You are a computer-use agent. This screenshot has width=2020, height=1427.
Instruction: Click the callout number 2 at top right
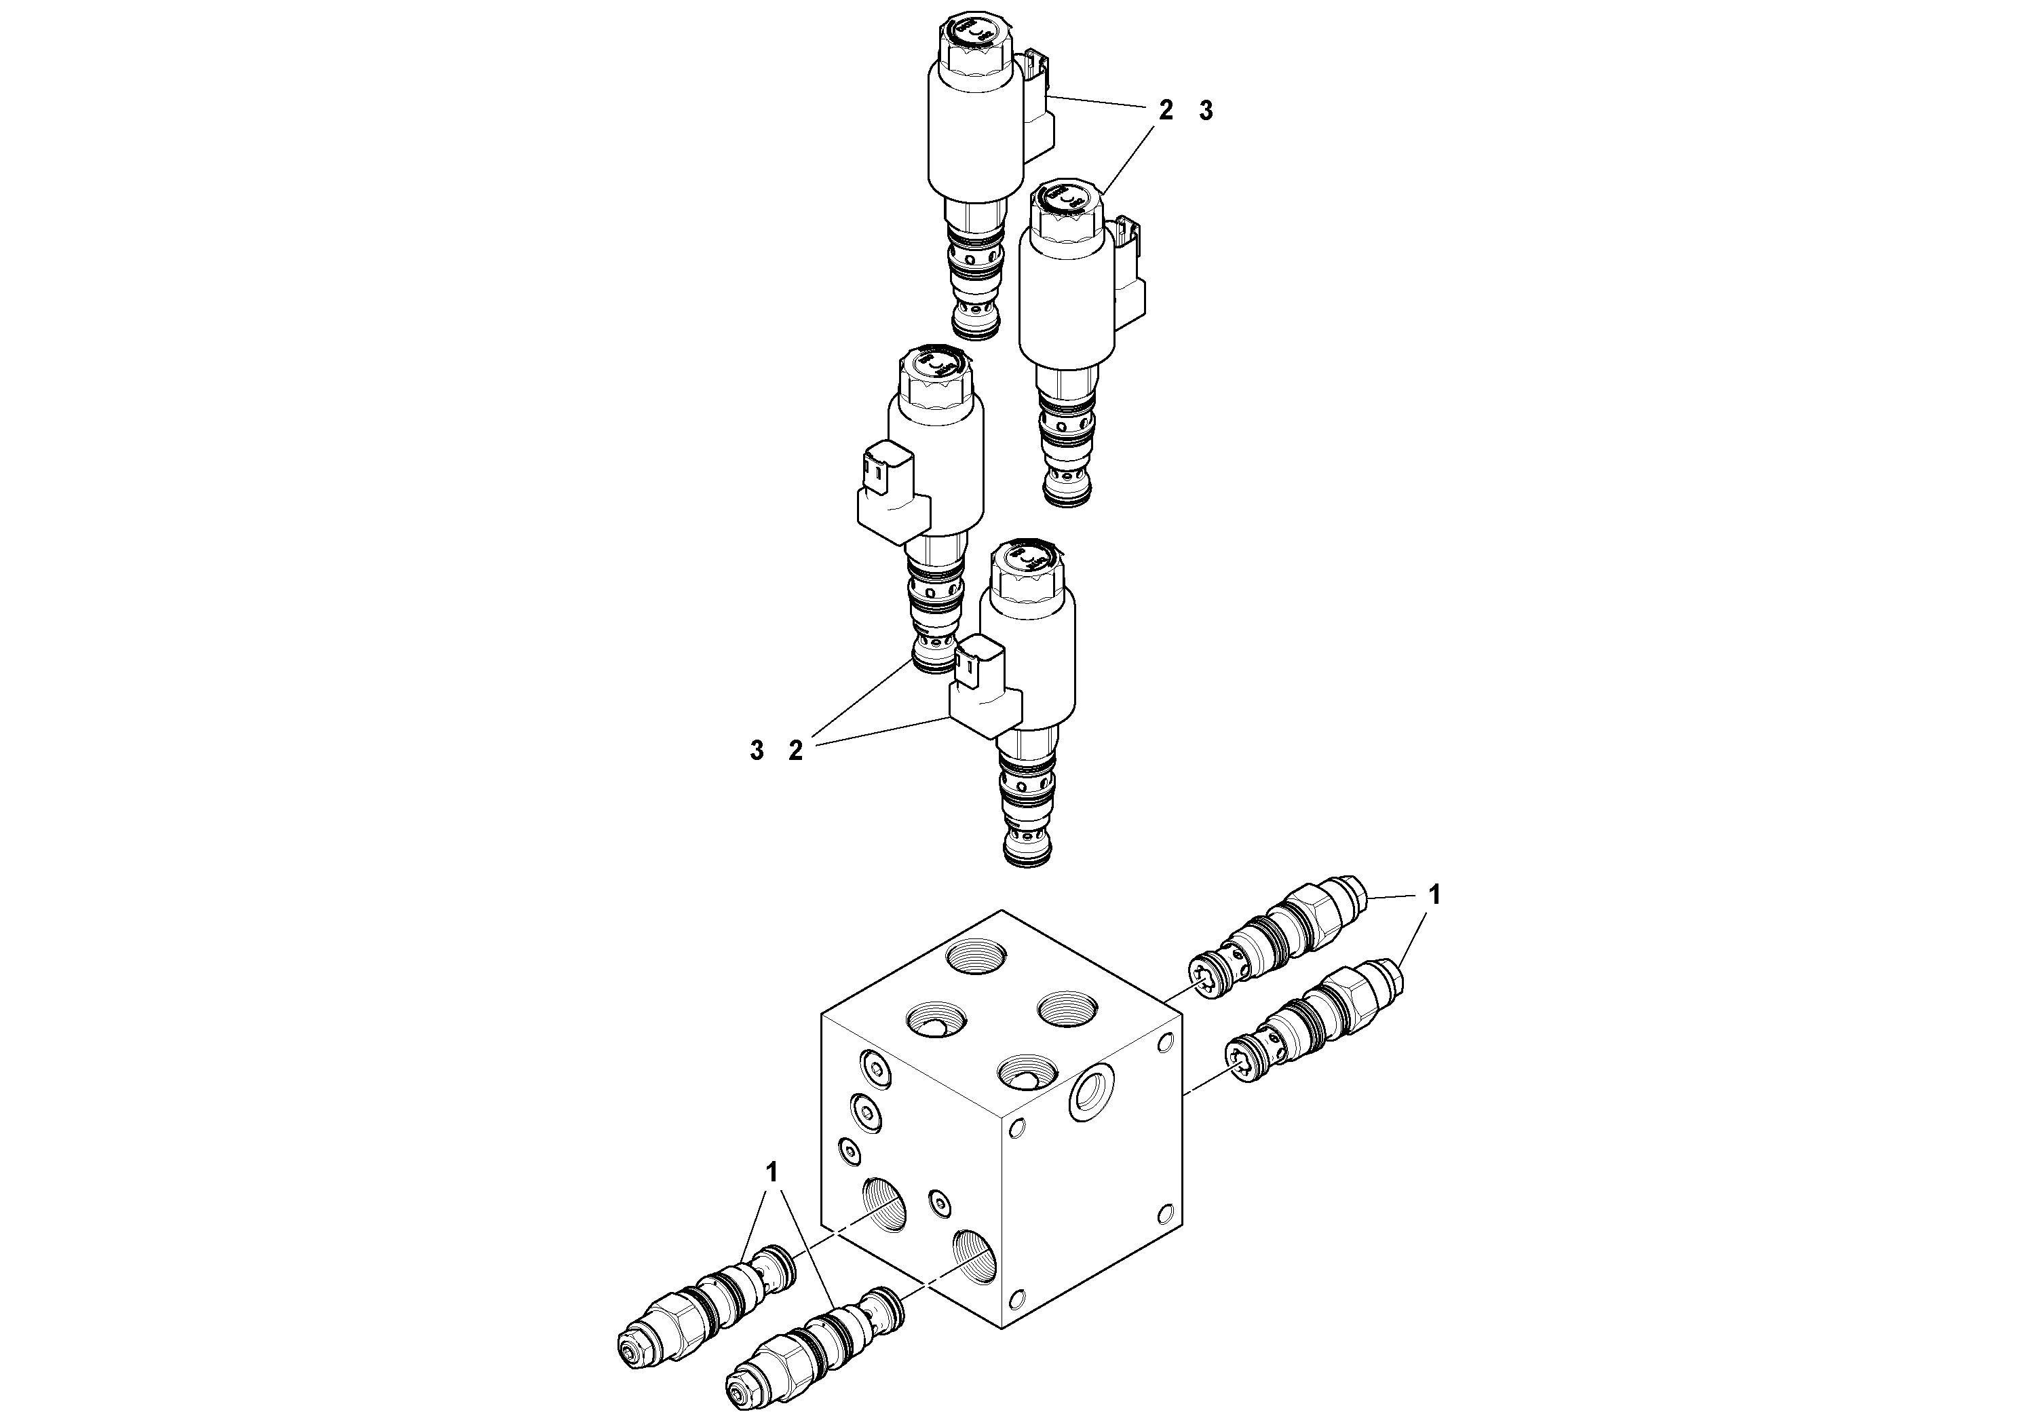tap(1166, 111)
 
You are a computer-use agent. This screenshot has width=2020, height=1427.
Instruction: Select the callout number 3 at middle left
tap(757, 751)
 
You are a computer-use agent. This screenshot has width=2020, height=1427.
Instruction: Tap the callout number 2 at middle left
tap(795, 751)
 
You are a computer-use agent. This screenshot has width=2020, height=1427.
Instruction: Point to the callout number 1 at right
tap(1434, 896)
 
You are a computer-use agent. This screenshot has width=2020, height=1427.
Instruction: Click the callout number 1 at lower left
tap(771, 1172)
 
